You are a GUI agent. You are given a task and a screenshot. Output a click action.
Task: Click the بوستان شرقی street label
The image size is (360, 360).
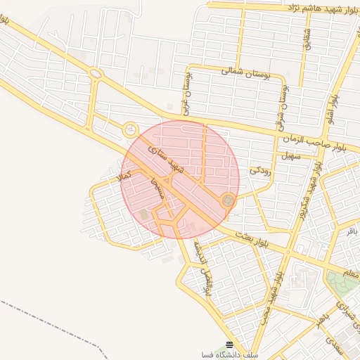tap(284, 101)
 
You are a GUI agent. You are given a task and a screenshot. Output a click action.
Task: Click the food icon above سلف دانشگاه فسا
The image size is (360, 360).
tap(230, 345)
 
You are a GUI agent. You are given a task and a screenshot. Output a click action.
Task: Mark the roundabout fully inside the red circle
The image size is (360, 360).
tap(227, 201)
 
